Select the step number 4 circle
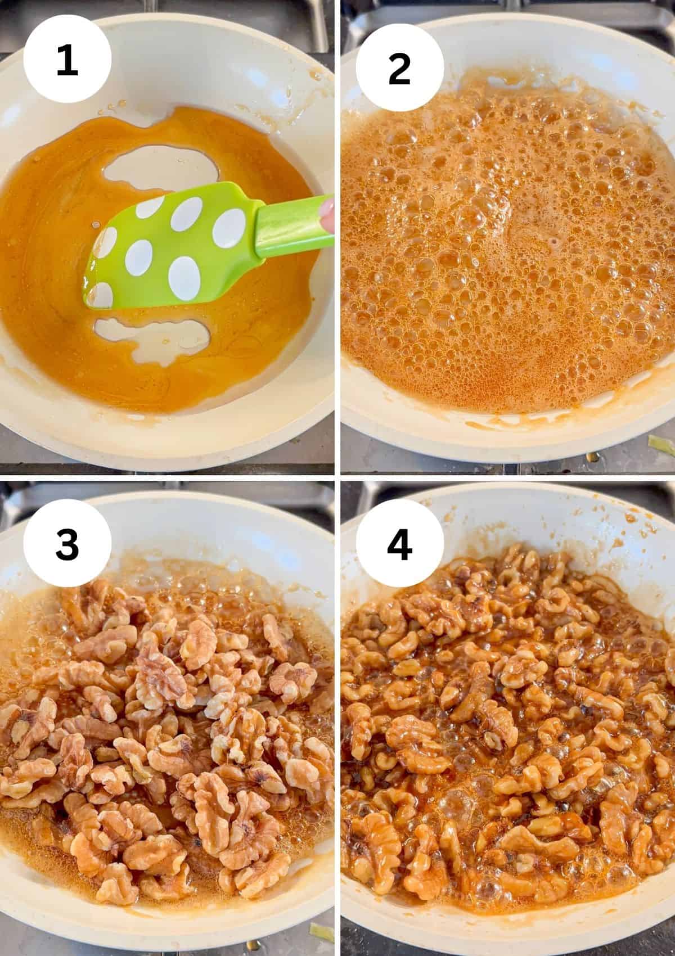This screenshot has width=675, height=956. [400, 543]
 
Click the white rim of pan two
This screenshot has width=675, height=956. [506, 436]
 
